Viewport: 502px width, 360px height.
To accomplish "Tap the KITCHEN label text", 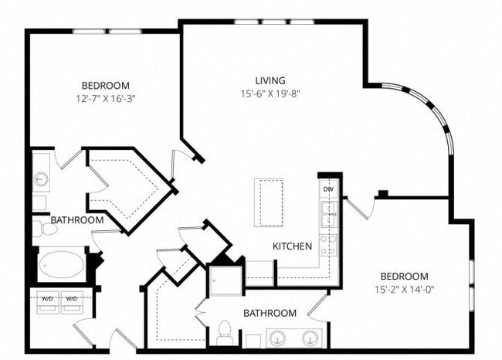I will coord(292,246).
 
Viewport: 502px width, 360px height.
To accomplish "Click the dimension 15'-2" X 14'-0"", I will coord(403,290).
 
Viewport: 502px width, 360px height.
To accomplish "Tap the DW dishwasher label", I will coord(328,189).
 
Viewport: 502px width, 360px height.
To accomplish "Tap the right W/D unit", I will coord(72,299).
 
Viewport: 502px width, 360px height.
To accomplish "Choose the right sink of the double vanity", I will coord(310,338).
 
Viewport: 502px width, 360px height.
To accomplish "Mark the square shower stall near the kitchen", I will coord(225,280).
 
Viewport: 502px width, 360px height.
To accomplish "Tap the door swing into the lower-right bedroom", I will coord(357,207).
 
